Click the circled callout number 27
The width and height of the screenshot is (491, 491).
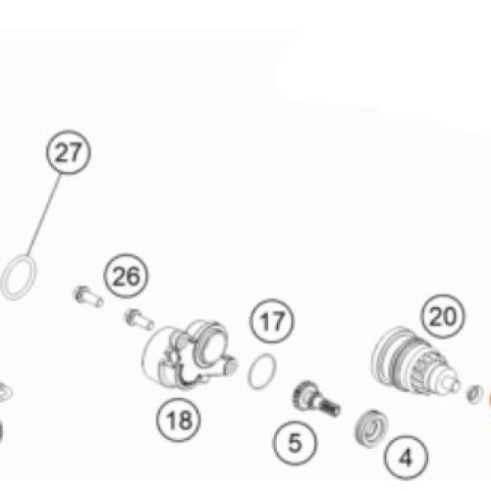tap(68, 152)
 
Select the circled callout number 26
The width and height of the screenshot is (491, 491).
tap(126, 276)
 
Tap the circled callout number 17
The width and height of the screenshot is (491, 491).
tap(272, 321)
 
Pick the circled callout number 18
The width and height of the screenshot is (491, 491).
tap(179, 419)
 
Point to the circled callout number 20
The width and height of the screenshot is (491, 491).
tap(443, 316)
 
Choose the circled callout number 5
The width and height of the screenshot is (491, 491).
tap(295, 443)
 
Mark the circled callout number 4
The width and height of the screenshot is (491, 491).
tap(406, 457)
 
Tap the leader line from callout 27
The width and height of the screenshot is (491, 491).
tap(43, 215)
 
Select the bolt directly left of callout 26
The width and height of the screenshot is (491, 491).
tap(87, 296)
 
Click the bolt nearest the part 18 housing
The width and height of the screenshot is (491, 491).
tap(139, 320)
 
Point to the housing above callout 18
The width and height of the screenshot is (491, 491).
tap(189, 355)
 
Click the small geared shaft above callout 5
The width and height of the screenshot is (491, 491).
tap(316, 399)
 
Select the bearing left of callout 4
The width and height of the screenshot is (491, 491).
tap(371, 428)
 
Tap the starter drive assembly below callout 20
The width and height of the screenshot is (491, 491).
tap(414, 360)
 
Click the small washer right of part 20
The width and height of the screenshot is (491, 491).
tap(474, 394)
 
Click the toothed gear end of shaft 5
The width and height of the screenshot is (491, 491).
tap(301, 395)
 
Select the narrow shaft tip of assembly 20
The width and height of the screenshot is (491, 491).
tap(454, 384)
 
